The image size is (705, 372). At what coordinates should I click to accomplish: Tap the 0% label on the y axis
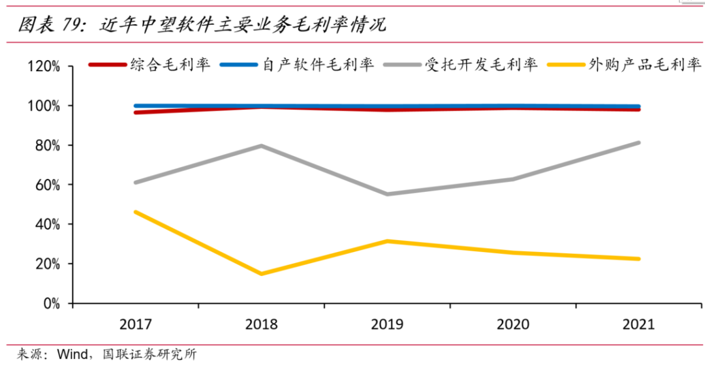[x=51, y=303]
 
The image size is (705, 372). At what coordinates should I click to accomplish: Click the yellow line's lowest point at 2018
[x=261, y=273]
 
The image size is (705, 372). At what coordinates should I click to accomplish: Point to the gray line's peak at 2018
[x=261, y=146]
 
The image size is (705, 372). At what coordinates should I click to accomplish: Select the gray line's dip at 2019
[x=387, y=194]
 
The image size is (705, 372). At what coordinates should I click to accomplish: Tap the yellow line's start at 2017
[x=136, y=212]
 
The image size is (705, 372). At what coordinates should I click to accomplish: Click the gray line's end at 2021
[x=638, y=142]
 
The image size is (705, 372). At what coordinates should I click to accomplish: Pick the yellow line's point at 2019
[x=387, y=241]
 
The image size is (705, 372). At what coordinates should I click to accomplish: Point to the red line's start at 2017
[x=136, y=112]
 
